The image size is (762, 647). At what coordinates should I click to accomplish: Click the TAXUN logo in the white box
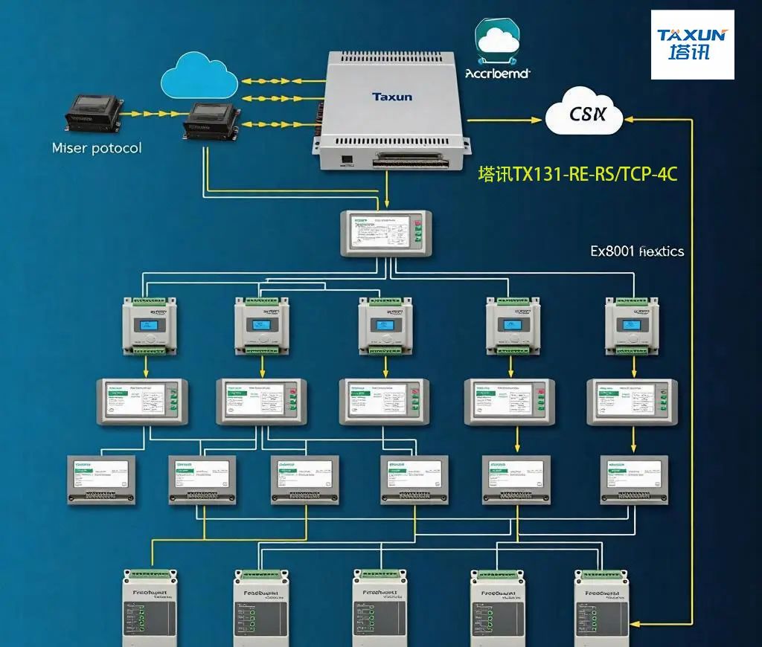[692, 45]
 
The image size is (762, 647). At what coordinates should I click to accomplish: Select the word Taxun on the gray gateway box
[392, 97]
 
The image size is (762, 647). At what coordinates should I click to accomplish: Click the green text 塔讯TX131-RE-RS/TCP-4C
[577, 175]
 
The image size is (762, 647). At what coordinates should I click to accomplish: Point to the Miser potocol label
[97, 148]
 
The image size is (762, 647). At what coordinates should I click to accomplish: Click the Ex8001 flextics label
[637, 251]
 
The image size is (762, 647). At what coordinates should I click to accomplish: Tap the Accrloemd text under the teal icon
[497, 74]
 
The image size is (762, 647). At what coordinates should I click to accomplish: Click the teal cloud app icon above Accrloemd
[497, 41]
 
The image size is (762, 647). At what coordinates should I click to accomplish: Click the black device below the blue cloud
[212, 120]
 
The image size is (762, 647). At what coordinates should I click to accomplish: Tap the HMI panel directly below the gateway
[386, 233]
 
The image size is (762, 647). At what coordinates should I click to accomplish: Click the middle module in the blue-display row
[385, 326]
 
